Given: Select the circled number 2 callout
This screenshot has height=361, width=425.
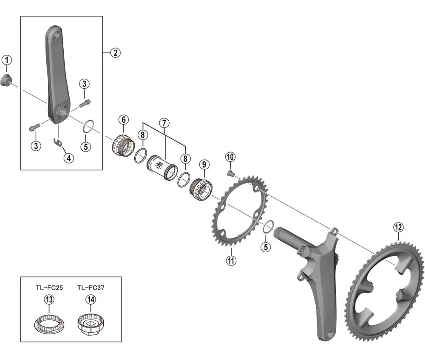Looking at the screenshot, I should [115, 53].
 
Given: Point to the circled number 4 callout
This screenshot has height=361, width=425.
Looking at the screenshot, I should [68, 158].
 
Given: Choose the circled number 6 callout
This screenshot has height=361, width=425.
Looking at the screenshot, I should [123, 120].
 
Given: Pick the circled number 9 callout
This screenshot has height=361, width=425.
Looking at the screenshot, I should [204, 164].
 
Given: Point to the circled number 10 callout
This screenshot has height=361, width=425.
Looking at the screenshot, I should [230, 157].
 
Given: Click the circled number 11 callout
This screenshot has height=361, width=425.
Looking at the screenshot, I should [231, 260].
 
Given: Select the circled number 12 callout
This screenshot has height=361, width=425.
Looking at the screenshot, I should [398, 228].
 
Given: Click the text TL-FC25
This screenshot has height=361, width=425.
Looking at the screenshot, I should [49, 288].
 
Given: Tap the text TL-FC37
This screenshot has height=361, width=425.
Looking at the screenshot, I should [91, 288].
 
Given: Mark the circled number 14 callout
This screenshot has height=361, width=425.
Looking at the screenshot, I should [91, 300].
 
